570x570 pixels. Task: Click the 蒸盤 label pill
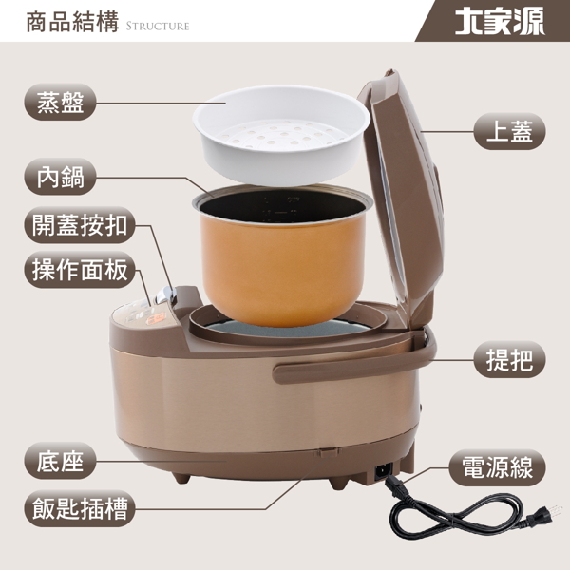click(x=61, y=103)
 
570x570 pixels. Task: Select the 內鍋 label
click(x=61, y=177)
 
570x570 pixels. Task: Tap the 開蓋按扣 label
click(x=80, y=225)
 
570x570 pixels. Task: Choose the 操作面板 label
click(x=80, y=270)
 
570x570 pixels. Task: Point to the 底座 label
click(x=61, y=461)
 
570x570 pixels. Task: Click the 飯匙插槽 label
click(x=80, y=508)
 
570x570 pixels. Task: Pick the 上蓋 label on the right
click(x=509, y=131)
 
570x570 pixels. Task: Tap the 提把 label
click(x=509, y=359)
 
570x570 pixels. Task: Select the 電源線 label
click(x=498, y=467)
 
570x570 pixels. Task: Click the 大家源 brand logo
click(x=500, y=21)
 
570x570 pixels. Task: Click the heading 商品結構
click(x=73, y=22)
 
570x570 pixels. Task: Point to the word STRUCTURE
click(x=158, y=27)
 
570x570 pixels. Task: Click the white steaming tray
click(x=281, y=135)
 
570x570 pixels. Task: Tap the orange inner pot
click(x=282, y=256)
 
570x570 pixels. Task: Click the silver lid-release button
click(x=165, y=294)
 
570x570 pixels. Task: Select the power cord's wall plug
click(x=545, y=514)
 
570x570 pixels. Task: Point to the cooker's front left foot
click(x=181, y=477)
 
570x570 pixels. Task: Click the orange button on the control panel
click(x=156, y=319)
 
